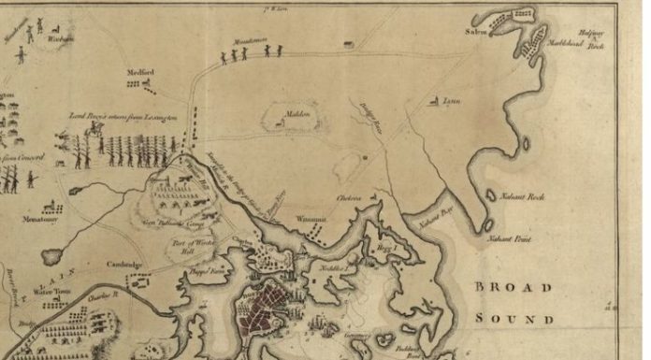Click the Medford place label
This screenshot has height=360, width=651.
point(141,72)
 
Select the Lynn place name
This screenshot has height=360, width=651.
point(452,101)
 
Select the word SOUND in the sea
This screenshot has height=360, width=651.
point(514,318)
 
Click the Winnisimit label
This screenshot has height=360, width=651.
point(310,219)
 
